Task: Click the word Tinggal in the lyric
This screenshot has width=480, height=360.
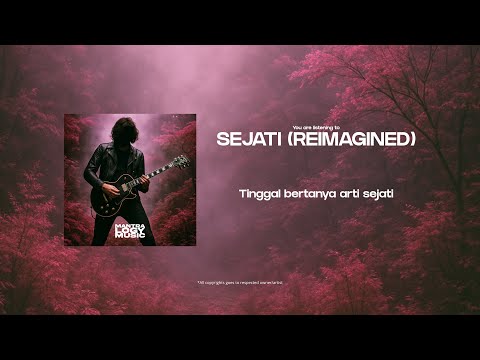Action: point(260,192)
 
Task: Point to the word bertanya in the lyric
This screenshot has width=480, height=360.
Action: point(306,192)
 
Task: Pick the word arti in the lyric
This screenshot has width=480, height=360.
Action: point(346,192)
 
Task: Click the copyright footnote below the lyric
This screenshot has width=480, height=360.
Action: point(240,282)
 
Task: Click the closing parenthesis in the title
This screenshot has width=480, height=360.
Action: point(413,140)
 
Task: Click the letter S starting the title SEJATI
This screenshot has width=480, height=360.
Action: point(222,140)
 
